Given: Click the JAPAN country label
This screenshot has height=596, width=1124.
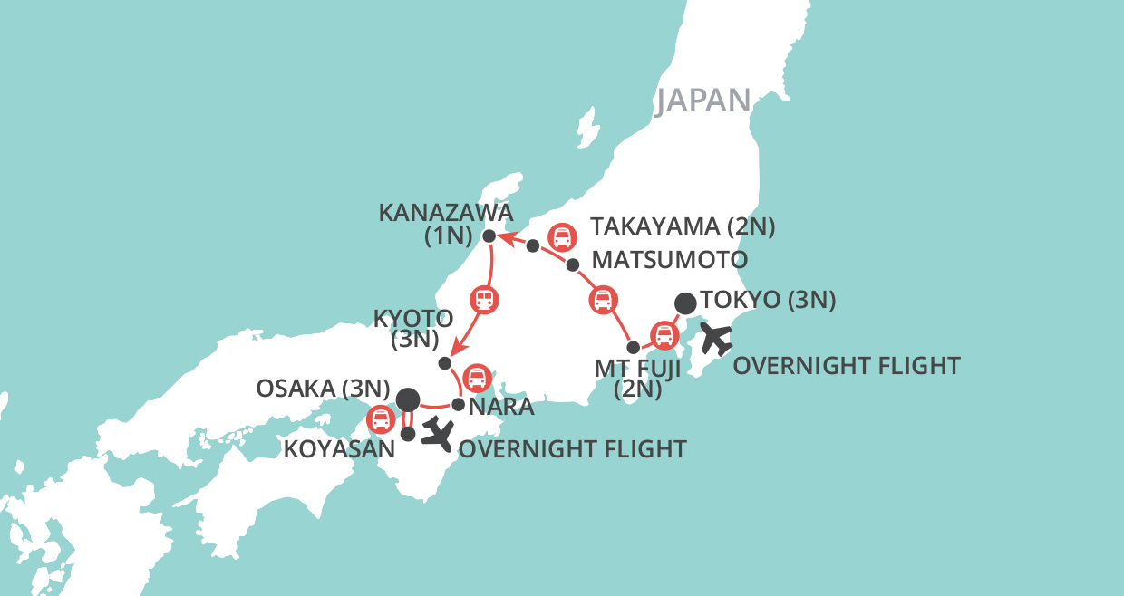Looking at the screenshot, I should click(x=704, y=101).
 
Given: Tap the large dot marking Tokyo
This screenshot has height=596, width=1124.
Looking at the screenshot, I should click(x=687, y=302).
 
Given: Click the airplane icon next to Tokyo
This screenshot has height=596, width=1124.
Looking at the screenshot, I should click(x=716, y=339).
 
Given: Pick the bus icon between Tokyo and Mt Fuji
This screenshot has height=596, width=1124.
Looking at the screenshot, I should click(x=664, y=336).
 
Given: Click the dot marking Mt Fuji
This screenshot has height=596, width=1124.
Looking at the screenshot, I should click(x=634, y=347).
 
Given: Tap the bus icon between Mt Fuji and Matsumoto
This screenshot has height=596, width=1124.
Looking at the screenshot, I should click(x=603, y=300).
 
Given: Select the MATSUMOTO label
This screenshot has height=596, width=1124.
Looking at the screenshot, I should click(x=669, y=261).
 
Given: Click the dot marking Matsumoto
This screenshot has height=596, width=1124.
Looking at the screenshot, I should click(x=572, y=264).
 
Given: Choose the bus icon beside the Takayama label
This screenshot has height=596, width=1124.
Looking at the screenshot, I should click(x=563, y=237).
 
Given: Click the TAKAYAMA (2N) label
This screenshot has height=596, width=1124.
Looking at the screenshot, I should click(x=682, y=226).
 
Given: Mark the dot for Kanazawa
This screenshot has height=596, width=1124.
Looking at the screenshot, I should click(x=489, y=236).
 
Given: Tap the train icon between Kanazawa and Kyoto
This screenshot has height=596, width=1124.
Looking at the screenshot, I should click(x=485, y=299).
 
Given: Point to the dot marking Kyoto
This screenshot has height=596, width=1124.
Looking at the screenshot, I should click(x=444, y=362).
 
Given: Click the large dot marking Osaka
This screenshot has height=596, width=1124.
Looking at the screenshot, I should click(x=408, y=398).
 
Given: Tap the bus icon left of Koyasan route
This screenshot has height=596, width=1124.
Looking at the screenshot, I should click(x=381, y=419).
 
